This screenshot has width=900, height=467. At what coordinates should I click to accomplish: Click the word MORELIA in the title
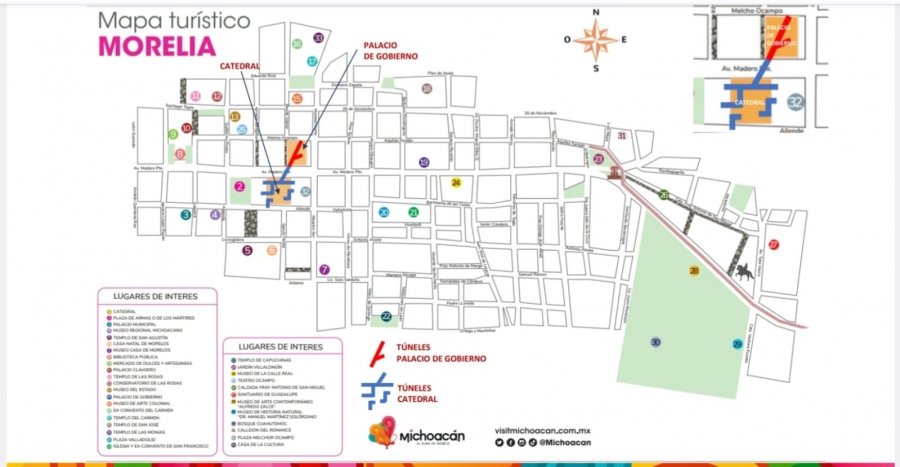156,45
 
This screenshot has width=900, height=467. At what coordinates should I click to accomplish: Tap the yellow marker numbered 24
456,182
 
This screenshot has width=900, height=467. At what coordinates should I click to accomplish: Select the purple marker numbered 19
424,162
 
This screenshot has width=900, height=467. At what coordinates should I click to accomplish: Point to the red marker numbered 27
773,245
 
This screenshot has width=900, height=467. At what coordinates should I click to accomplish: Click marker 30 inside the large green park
656,343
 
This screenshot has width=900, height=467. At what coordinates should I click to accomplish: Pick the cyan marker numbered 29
737,344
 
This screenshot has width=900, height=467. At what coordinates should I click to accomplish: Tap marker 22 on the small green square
386,317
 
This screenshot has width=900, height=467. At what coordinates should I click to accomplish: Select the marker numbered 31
621,135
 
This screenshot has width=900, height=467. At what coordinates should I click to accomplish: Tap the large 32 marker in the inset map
795,102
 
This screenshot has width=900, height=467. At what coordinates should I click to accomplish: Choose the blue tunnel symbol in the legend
377,391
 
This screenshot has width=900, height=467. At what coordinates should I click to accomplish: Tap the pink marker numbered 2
240,186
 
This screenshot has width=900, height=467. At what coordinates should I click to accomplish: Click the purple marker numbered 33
319,38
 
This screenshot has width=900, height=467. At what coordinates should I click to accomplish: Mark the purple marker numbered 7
324,269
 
